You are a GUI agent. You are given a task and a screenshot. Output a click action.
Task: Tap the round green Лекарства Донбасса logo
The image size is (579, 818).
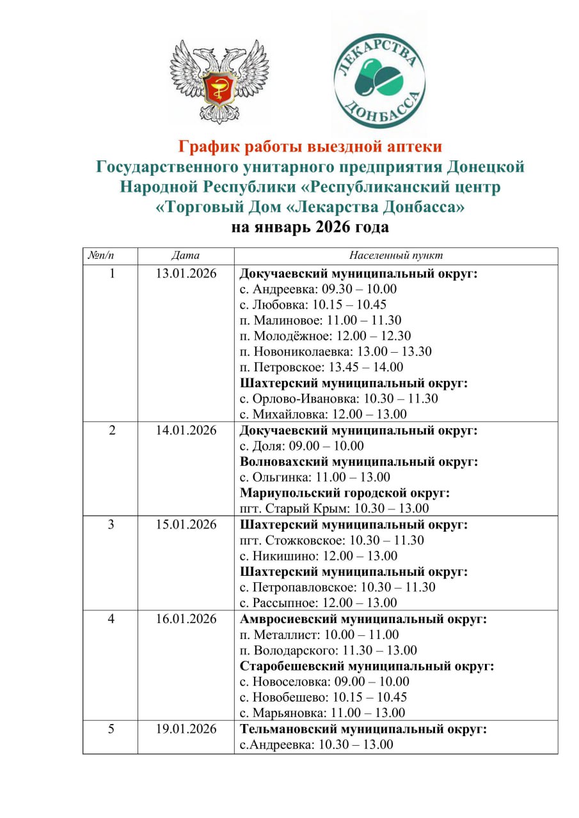[x=379, y=75]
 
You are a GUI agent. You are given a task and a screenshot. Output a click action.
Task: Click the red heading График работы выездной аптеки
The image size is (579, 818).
[x=310, y=147]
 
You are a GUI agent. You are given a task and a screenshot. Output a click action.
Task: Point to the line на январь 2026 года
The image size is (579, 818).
[x=310, y=227]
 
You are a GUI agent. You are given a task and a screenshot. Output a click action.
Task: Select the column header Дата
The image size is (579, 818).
[x=186, y=256]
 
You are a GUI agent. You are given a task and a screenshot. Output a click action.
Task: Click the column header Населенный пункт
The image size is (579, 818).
[x=396, y=256]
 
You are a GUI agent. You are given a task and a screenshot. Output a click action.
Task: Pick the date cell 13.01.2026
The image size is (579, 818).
[x=186, y=274]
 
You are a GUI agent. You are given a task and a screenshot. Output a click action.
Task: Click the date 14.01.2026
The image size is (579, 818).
[x=186, y=431]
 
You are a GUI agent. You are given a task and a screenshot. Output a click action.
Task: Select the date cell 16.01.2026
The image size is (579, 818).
[x=186, y=619]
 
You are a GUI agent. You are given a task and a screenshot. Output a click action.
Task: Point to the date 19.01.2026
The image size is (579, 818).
[x=186, y=729]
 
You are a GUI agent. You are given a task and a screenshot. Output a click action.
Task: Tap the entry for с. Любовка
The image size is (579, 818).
[x=313, y=305]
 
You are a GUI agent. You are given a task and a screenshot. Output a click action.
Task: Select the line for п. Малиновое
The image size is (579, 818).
[x=321, y=320]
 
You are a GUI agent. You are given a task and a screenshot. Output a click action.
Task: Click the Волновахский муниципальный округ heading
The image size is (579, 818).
[x=359, y=462]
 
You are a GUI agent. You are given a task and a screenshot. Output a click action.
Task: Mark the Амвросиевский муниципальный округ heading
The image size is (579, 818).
[x=363, y=619]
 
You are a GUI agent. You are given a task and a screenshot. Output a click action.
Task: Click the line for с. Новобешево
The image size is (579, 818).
[x=323, y=697]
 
